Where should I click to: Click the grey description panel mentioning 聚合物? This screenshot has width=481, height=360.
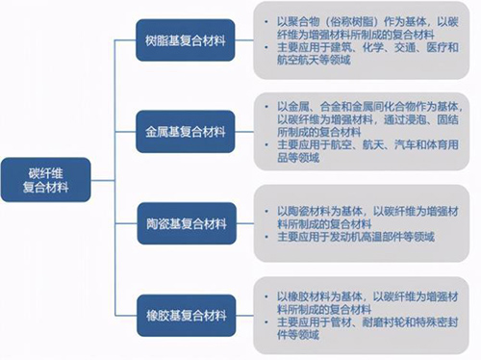tap(362, 41)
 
